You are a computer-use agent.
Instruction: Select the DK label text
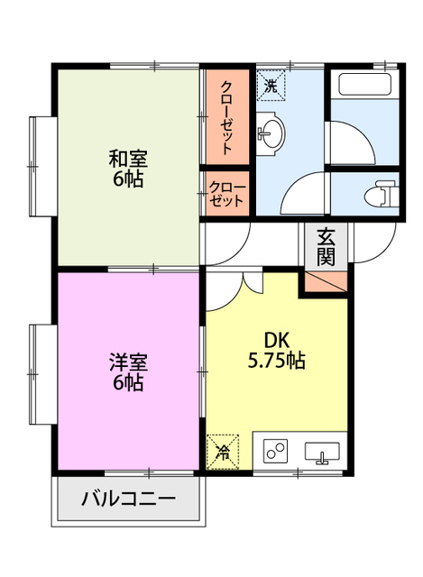[x=276, y=341]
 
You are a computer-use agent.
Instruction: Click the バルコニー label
[x=127, y=499]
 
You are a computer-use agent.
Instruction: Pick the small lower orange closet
[x=226, y=194]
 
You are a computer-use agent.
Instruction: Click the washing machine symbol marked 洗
[x=271, y=87]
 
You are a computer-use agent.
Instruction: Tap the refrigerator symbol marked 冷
[x=221, y=452]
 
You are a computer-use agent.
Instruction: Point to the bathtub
[x=363, y=88]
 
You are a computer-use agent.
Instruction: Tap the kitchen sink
[x=321, y=452]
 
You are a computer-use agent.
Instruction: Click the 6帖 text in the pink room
[x=127, y=382]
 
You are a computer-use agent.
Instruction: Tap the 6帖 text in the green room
[x=127, y=179]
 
